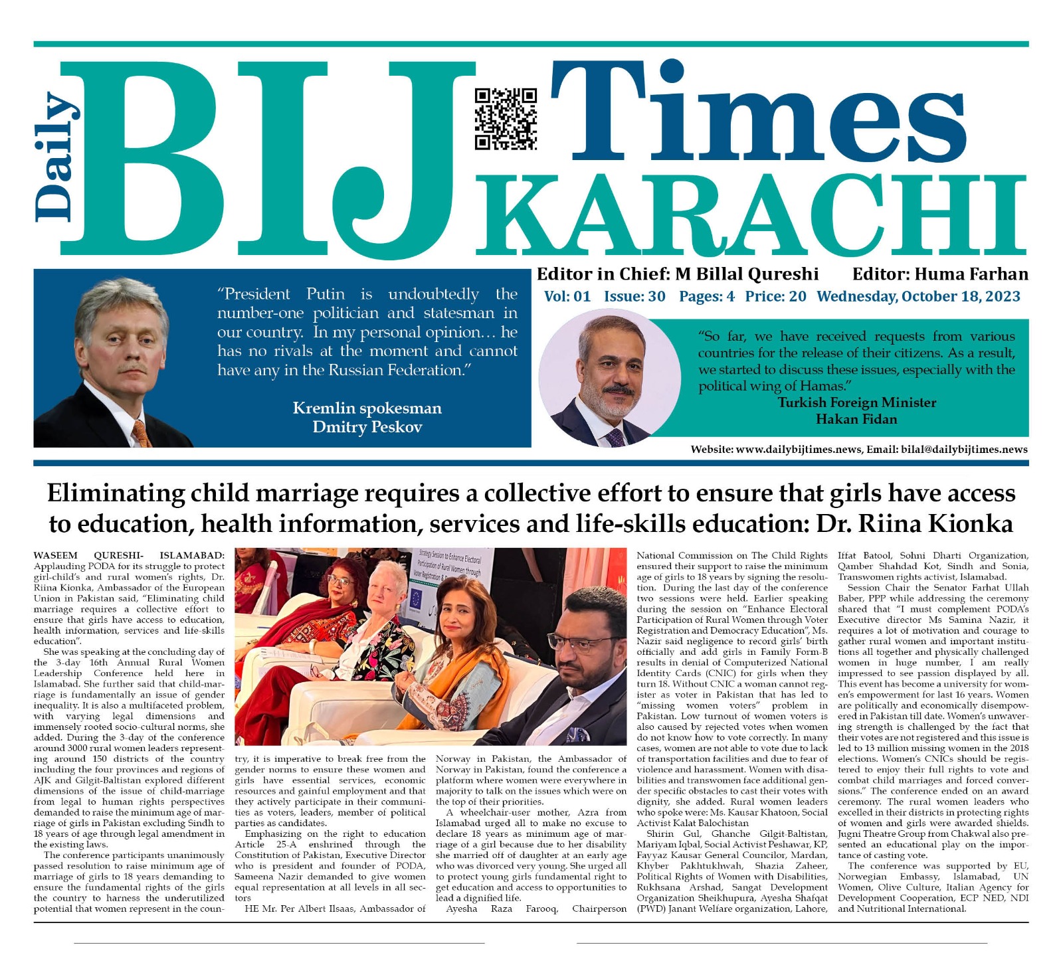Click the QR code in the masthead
point(506,118)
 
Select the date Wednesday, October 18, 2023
point(918,296)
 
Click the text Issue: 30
point(634,296)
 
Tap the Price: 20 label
point(775,296)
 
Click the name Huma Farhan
point(971,274)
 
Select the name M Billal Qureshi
point(746,274)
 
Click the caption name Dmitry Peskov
point(367,427)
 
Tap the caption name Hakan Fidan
point(856,419)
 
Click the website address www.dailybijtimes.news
point(799,450)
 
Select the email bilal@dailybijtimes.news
point(964,450)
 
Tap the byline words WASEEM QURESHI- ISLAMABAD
point(129,555)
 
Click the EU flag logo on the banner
point(417,596)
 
